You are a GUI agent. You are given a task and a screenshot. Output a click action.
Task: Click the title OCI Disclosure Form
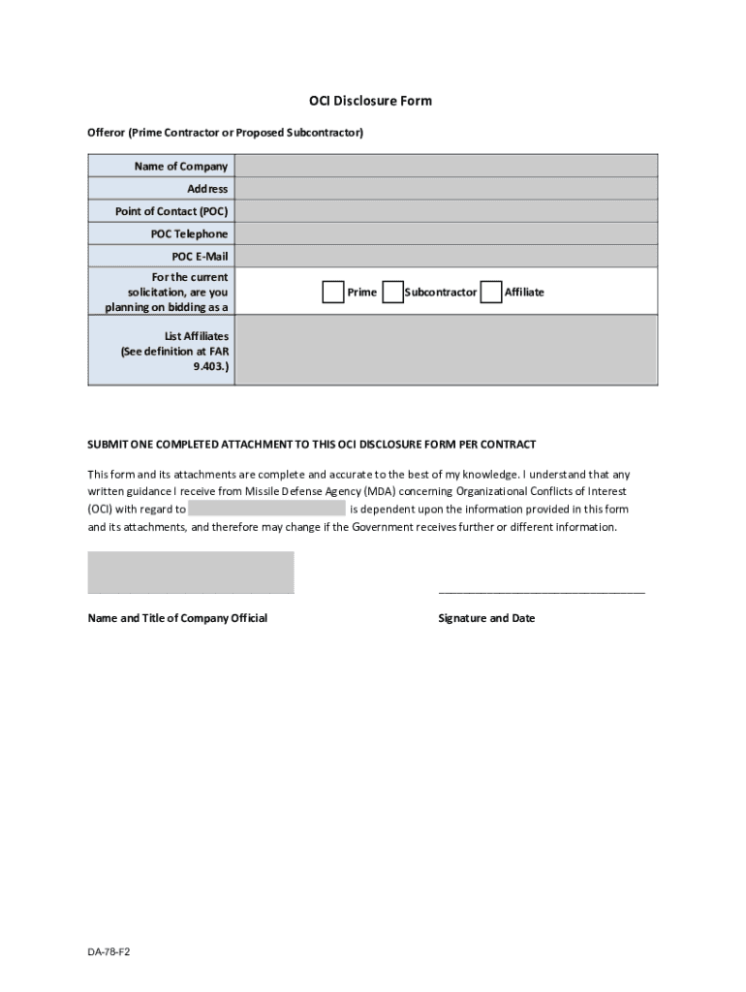pos(371,101)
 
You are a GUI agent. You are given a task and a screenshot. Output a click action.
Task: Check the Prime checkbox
pos(332,292)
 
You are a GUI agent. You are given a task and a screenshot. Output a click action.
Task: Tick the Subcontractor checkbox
pos(392,292)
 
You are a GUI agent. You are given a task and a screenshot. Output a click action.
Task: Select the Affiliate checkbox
pos(491,292)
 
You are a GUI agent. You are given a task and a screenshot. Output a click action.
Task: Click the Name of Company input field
pos(446,167)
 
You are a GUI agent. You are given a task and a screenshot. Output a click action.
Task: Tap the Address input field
pos(446,189)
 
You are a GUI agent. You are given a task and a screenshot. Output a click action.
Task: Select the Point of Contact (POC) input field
pos(446,211)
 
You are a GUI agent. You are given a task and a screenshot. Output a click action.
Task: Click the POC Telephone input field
pos(446,233)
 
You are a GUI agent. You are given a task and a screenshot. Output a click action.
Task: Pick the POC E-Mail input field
pos(446,257)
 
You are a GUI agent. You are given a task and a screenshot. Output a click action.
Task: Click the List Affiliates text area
pos(446,351)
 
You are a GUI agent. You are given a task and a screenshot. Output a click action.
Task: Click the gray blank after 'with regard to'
pos(266,509)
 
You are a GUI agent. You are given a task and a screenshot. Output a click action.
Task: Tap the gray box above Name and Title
pos(191,571)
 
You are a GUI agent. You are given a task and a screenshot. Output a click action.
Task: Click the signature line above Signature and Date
pos(541,590)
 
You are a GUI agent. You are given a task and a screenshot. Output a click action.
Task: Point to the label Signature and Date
pos(486,618)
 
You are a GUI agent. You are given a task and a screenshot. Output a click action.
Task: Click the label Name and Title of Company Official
pos(177,618)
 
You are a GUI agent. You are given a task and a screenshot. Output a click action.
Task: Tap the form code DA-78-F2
pos(109,952)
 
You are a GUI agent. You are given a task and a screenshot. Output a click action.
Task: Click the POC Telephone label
pos(189,233)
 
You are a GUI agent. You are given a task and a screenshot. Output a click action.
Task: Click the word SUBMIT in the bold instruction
pos(108,444)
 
